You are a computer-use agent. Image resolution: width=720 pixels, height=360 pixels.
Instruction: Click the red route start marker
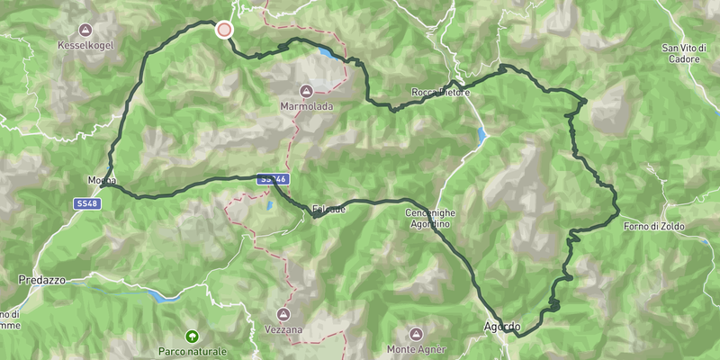[224, 30]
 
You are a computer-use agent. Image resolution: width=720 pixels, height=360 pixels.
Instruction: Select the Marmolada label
[306, 106]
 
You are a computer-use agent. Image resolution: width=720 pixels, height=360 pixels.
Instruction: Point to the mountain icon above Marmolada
[306, 91]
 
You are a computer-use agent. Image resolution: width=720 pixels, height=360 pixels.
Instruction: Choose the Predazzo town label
[42, 281]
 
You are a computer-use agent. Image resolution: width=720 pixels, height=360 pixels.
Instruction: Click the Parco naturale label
[193, 351]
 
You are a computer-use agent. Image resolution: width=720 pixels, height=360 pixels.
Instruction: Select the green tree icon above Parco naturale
[192, 336]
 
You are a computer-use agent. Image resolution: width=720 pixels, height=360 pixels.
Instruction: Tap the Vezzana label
[283, 330]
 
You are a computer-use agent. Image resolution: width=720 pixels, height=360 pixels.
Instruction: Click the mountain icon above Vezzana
[283, 315]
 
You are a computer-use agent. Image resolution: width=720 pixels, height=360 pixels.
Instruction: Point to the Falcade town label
[328, 210]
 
